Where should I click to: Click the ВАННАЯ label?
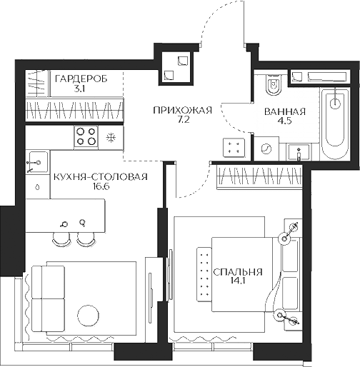285,112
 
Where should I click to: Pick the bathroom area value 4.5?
285,122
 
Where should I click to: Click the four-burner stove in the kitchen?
86,135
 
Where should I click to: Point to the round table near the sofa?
89,315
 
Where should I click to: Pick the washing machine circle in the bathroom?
266,149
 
